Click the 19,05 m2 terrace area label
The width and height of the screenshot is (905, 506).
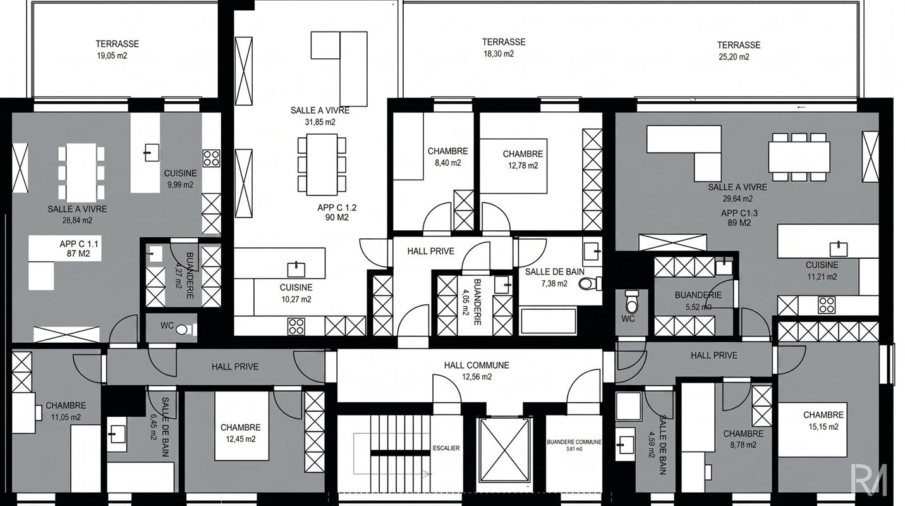tap(112, 56)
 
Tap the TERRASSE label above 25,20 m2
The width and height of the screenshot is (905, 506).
tap(739, 45)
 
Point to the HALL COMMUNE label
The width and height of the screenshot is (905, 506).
tap(477, 365)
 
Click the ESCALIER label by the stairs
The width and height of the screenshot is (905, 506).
tap(446, 448)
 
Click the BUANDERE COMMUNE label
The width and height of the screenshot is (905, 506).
tap(574, 442)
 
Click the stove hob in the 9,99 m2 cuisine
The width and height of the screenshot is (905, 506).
tap(211, 158)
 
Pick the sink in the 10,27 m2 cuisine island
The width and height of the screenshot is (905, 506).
tap(296, 269)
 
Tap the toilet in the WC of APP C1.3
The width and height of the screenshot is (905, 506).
tap(631, 300)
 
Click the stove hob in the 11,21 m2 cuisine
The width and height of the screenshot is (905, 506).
tap(827, 305)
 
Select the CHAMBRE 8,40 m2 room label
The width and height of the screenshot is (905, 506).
tap(447, 157)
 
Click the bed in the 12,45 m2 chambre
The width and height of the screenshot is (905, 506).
tap(241, 426)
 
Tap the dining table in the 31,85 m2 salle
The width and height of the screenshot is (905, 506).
tap(322, 164)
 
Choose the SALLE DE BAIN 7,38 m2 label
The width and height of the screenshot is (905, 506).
tap(554, 278)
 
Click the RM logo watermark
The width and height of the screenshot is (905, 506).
tap(868, 479)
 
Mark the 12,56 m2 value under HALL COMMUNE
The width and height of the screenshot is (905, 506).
tap(477, 377)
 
